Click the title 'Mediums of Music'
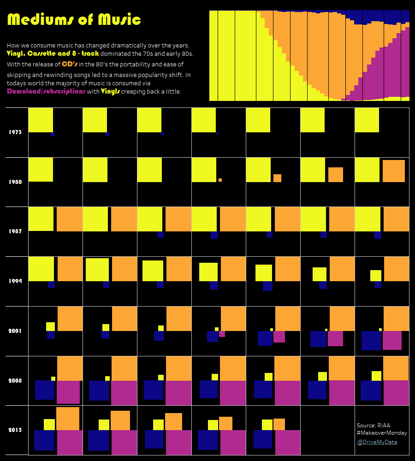click(x=74, y=20)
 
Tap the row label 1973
click(x=15, y=132)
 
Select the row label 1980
click(x=15, y=182)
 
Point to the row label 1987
click(x=15, y=231)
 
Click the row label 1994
click(x=15, y=281)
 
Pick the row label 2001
click(x=15, y=331)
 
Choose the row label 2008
click(x=15, y=381)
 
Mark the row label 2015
click(x=15, y=430)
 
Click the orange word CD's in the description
click(x=70, y=64)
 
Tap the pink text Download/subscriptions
click(x=46, y=91)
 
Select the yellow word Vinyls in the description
click(x=110, y=91)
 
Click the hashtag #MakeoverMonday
click(x=382, y=433)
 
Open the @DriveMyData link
click(x=377, y=442)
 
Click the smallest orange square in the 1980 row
click(x=220, y=180)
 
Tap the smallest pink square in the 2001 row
click(x=222, y=334)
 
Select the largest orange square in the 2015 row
click(x=68, y=419)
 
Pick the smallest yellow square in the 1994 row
click(x=375, y=276)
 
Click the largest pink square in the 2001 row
click(x=392, y=340)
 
